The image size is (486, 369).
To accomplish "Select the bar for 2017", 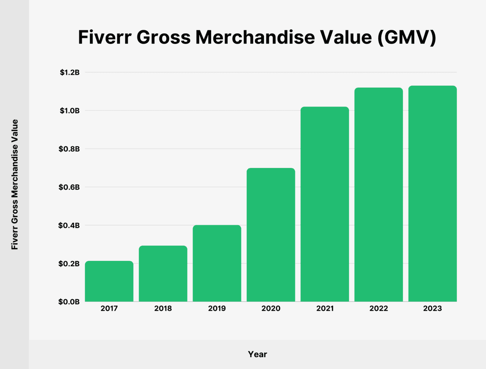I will [x=109, y=281].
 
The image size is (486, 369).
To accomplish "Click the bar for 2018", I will [x=163, y=274].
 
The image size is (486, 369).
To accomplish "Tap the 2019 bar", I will [x=217, y=264].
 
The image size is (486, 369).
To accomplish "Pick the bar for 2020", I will [x=271, y=235].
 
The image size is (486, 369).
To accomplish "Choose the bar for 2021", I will [x=325, y=204].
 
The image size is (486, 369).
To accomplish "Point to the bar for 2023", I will [x=432, y=194].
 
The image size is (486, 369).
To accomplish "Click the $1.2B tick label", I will [x=69, y=72].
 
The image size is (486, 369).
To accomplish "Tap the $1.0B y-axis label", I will [x=69, y=111].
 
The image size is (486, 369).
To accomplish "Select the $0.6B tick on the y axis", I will [x=69, y=187].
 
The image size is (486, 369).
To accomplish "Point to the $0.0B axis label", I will [x=69, y=302].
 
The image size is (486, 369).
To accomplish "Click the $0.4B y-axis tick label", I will [x=69, y=225].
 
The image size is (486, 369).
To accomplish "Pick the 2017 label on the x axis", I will [x=109, y=308].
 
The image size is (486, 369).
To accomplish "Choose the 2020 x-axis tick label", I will [x=271, y=308].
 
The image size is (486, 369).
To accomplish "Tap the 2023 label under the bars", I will [x=432, y=308].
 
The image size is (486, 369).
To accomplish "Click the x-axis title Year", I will [x=257, y=354].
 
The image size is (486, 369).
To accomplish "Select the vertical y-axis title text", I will [x=15, y=185].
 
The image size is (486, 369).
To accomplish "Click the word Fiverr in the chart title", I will [x=104, y=37].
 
